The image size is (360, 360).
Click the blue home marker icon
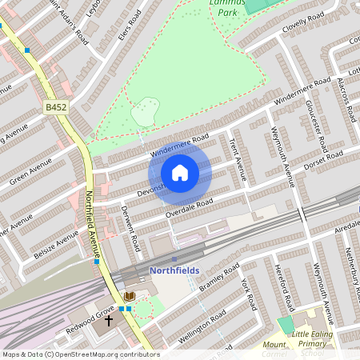(180, 173)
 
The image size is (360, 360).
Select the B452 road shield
(55, 107)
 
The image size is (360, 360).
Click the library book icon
(130, 297)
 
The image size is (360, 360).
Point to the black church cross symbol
(110, 322)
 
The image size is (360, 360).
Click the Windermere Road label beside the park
(178, 144)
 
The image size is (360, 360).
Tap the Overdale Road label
(189, 208)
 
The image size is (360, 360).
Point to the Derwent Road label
(130, 226)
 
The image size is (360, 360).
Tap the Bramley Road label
(220, 278)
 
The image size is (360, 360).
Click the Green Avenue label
(30, 171)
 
